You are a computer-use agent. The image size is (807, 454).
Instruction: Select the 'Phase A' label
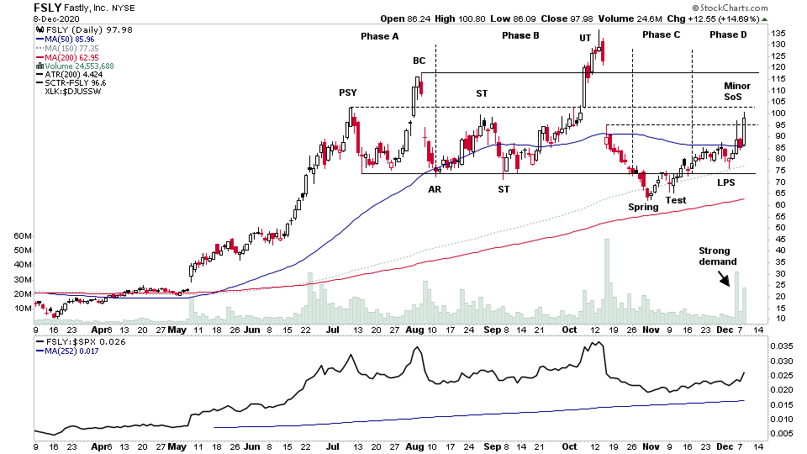[x=379, y=35]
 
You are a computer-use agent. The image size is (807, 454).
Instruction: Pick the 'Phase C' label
[x=661, y=34]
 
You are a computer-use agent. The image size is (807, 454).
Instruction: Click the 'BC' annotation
[x=419, y=61]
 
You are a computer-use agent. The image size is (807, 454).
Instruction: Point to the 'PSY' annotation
[x=347, y=92]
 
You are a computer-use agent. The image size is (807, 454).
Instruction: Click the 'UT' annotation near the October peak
[x=585, y=38]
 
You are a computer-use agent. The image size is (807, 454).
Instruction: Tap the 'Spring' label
[x=643, y=207]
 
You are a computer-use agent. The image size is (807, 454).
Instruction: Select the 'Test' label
[x=676, y=199]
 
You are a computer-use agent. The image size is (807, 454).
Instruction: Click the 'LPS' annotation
[x=726, y=182]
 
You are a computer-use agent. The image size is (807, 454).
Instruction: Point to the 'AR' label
[x=435, y=189]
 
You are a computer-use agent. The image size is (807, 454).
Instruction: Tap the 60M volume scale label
[x=23, y=236]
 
